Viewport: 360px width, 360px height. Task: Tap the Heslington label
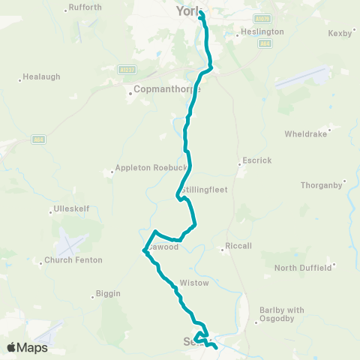click(x=262, y=32)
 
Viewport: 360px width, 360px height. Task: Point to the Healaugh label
click(x=41, y=76)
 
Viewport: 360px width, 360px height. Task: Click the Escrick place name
click(x=256, y=160)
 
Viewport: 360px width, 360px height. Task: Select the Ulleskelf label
click(x=72, y=208)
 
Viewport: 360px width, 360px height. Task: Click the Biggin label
click(x=109, y=293)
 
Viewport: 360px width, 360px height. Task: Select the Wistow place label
click(x=193, y=283)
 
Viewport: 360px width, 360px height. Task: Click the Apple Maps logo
click(x=27, y=347)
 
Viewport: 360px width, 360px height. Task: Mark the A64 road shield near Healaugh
click(x=39, y=139)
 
